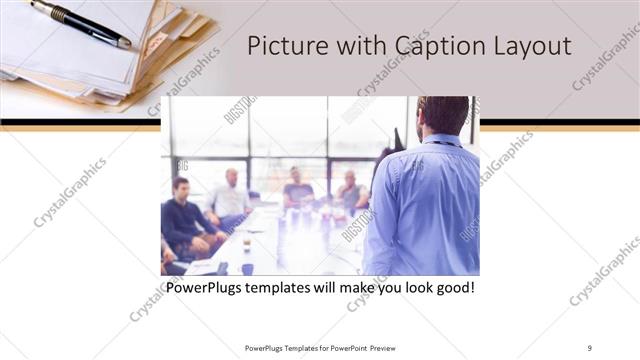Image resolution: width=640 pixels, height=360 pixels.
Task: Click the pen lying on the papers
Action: (80, 23)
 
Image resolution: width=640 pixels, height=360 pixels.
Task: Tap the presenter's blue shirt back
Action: (425, 210)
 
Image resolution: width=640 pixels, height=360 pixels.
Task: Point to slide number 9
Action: (590, 347)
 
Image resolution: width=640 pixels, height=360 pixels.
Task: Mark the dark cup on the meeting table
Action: (246, 269)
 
